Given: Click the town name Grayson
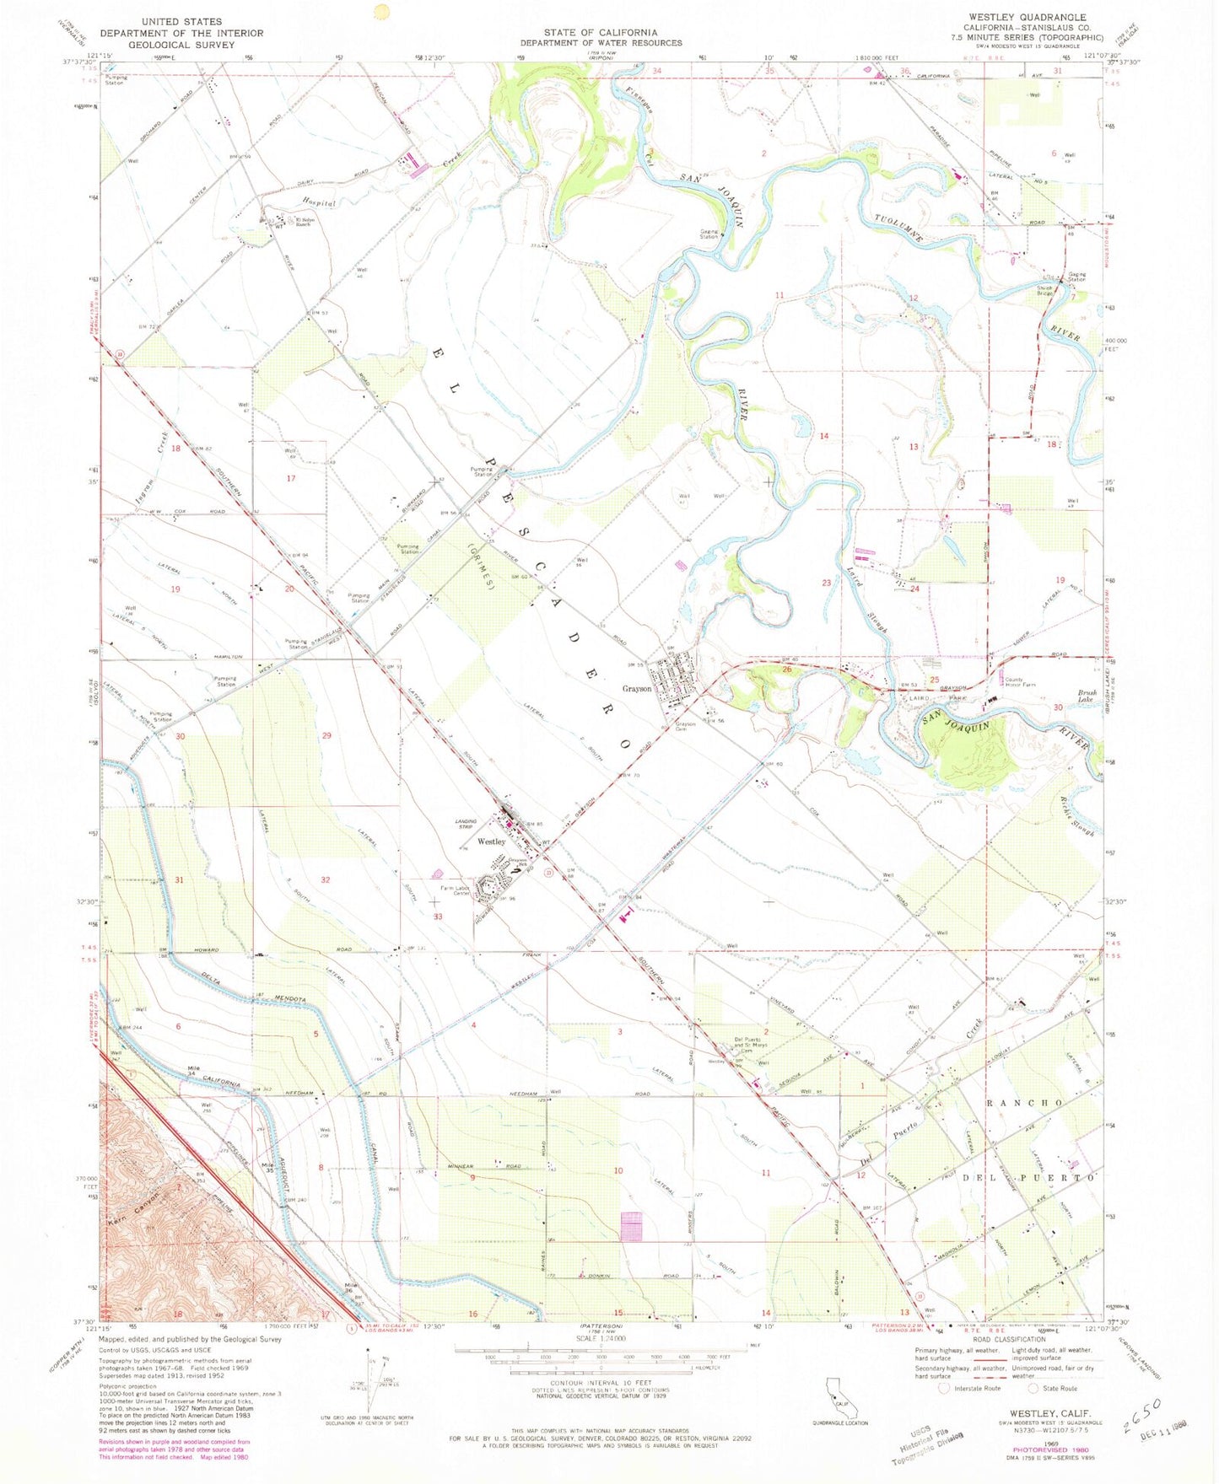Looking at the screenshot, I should click(637, 689).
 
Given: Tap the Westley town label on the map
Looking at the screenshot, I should click(491, 841).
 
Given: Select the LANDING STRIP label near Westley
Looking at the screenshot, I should click(467, 826).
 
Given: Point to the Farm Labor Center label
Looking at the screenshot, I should click(455, 890).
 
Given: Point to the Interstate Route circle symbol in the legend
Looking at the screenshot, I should click(944, 1388).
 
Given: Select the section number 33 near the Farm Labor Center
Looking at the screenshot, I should click(438, 917).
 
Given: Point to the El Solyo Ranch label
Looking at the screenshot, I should click(302, 223).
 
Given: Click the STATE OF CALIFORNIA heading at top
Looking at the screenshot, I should click(601, 32).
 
